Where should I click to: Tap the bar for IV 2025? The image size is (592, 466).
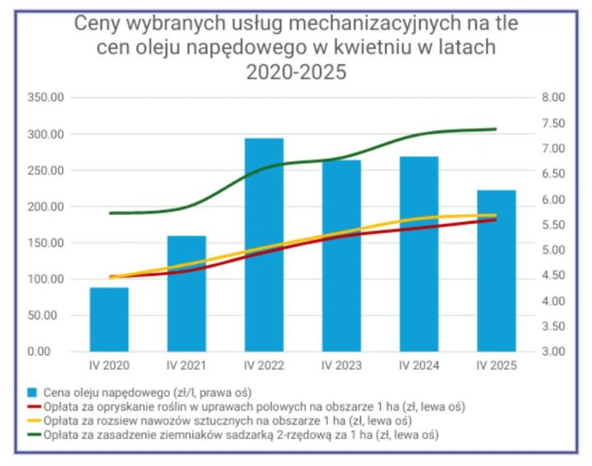tap(496, 271)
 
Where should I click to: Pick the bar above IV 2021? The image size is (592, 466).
tap(187, 294)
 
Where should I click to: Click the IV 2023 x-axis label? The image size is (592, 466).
tap(340, 365)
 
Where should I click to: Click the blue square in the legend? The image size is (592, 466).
tap(34, 391)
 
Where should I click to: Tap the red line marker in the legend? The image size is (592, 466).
tap(34, 406)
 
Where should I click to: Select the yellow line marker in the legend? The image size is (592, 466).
tap(34, 420)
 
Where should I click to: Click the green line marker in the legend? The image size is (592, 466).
tap(34, 434)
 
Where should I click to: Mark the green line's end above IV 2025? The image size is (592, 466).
tap(496, 129)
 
